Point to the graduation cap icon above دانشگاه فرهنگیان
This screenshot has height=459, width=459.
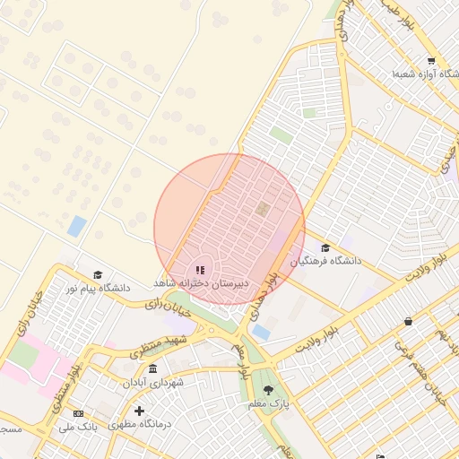point(325,247)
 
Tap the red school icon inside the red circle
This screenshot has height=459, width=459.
point(200,269)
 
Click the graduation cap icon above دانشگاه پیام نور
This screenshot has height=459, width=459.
point(98,274)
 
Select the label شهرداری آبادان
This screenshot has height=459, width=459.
point(153,382)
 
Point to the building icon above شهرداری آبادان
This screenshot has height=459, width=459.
point(153,369)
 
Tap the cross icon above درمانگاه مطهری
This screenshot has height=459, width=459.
point(139,411)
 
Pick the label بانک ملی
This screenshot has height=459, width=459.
point(77,427)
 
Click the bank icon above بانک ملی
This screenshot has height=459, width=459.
point(78,413)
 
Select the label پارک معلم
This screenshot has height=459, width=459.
point(270,404)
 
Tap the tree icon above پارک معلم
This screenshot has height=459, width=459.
point(269,390)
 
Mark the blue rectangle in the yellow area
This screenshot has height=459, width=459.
point(77,225)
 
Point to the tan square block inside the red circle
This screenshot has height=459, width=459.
point(262,209)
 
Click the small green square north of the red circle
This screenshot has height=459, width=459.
point(281,134)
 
